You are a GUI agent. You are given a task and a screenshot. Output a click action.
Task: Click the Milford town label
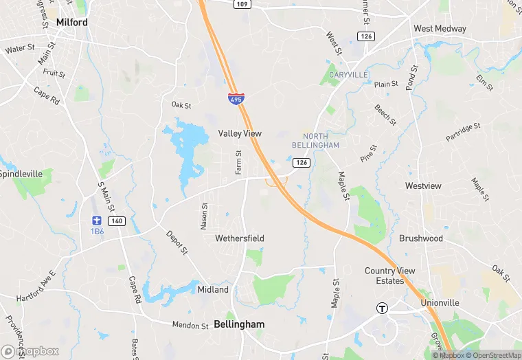coord(72,22)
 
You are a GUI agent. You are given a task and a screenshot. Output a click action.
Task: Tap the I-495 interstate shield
coord(236,99)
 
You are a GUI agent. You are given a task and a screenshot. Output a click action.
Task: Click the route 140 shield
coord(116,221)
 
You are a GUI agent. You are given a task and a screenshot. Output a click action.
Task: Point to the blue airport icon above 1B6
coord(97,221)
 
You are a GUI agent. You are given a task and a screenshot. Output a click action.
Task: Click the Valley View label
coord(240,133)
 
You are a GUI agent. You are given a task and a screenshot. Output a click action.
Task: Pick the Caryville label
coord(348,74)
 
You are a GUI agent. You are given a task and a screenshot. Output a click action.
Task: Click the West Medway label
coord(440,29)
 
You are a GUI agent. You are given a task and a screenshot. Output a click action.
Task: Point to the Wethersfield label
coord(240,238)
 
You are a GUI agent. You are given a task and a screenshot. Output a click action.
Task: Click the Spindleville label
coord(21,174)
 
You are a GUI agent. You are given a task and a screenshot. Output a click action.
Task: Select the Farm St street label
coord(239,162)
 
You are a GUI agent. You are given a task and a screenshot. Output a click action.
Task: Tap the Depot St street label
coord(177,243)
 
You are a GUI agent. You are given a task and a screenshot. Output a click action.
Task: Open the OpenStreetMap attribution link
coord(494,355)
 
